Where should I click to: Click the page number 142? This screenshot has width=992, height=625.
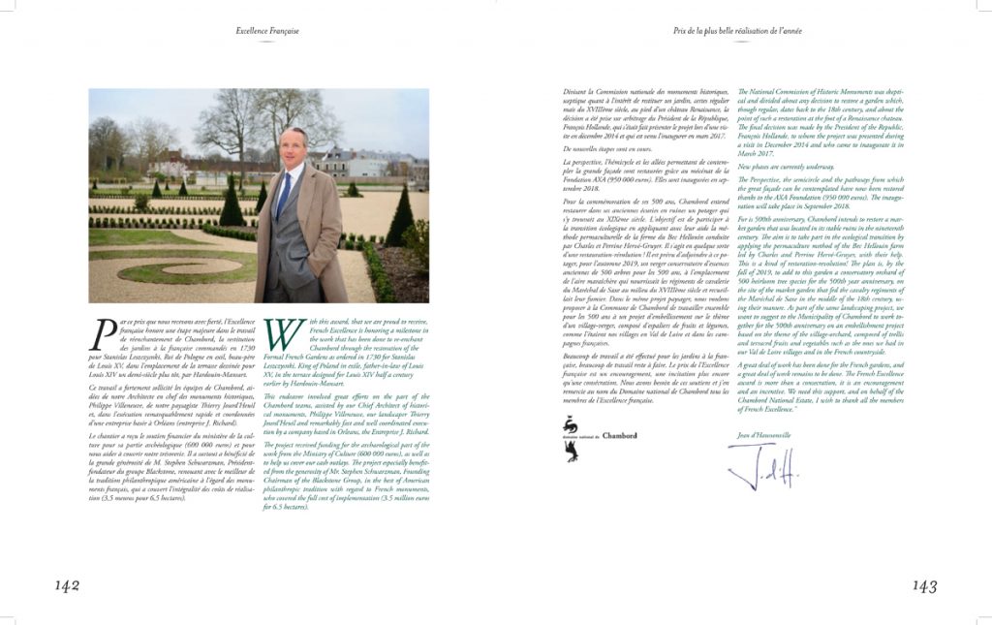point(67,585)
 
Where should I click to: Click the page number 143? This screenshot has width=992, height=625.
point(925,585)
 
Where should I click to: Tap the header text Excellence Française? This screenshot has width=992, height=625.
point(267,31)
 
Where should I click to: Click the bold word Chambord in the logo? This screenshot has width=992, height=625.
point(620,436)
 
